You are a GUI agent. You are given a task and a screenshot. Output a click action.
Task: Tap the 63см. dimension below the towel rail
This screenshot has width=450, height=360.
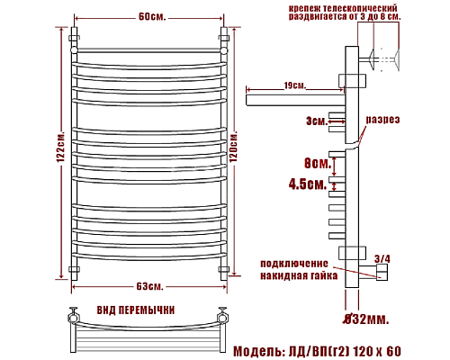click(x=149, y=286)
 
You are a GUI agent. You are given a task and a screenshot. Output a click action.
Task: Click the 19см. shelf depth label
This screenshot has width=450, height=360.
click(x=294, y=85)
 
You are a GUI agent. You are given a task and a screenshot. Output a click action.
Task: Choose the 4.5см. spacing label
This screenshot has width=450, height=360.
click(x=309, y=184)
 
